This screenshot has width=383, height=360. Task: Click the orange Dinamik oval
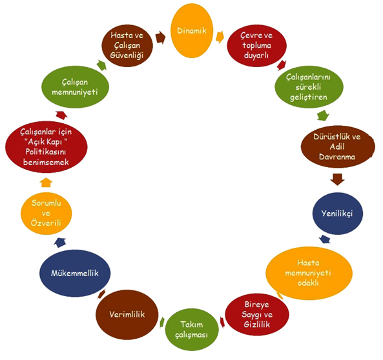[x=192, y=31]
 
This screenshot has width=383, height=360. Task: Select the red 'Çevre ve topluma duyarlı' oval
[x=256, y=45]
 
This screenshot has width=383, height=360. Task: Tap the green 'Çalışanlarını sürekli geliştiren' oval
[x=309, y=87]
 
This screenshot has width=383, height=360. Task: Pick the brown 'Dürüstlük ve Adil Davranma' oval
[x=338, y=146]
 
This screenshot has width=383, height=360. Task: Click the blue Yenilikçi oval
[x=338, y=214]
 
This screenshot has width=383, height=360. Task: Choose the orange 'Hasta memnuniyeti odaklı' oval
[x=309, y=273]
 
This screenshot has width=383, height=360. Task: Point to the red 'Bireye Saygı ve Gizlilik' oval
[x=257, y=314]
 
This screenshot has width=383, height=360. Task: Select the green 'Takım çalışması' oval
[x=192, y=330]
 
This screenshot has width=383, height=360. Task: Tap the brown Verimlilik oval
[x=127, y=314]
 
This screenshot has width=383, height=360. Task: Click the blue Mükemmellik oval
[x=75, y=273]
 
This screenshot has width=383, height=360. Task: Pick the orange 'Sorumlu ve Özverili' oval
[x=46, y=214]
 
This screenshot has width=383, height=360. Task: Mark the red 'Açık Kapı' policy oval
[x=46, y=146]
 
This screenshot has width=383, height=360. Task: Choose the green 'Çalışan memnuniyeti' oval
[x=75, y=87]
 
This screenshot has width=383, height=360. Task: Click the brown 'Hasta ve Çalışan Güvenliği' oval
[x=127, y=45]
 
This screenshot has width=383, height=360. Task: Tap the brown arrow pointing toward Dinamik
[x=160, y=37]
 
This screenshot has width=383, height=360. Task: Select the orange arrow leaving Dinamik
[x=220, y=37]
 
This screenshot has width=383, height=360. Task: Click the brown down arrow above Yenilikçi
[x=337, y=179]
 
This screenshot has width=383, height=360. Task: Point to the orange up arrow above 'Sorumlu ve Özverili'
[x=46, y=183]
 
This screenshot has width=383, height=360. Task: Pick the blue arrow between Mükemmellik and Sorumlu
[x=60, y=243]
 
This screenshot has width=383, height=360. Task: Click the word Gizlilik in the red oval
[x=257, y=325]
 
